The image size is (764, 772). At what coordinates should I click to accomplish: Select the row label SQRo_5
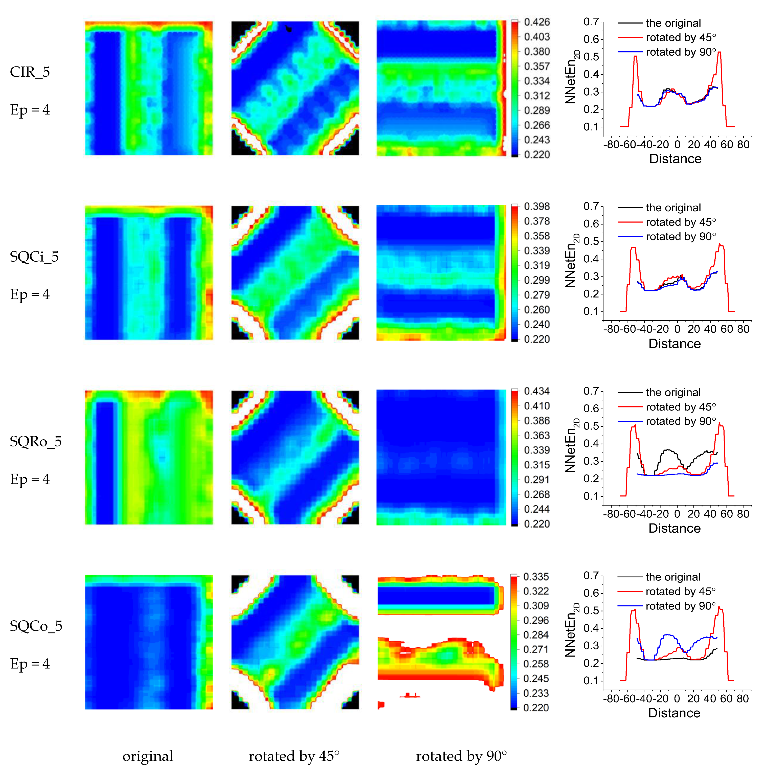point(36,441)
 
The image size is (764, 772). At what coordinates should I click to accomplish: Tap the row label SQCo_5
point(36,626)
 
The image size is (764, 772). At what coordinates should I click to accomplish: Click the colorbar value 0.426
point(537,22)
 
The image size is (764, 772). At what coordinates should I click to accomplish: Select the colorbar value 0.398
point(537,207)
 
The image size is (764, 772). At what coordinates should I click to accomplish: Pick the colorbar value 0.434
point(537,391)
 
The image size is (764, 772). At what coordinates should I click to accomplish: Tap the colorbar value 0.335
point(536,577)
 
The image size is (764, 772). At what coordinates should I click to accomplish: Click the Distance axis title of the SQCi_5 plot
point(675,344)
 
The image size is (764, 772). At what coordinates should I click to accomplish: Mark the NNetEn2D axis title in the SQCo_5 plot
point(571,630)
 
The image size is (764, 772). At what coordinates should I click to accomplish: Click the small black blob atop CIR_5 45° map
point(288,28)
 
